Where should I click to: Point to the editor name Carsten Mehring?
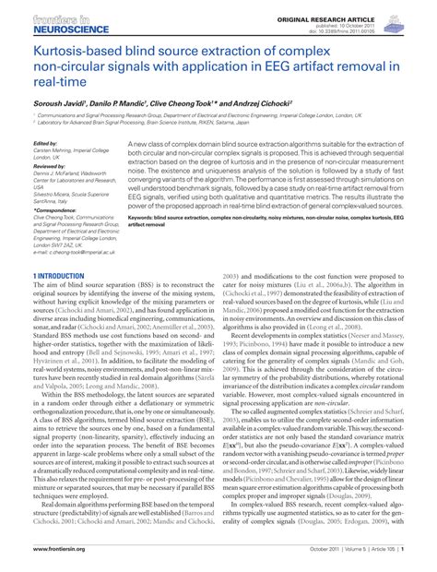click(x=65, y=151)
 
